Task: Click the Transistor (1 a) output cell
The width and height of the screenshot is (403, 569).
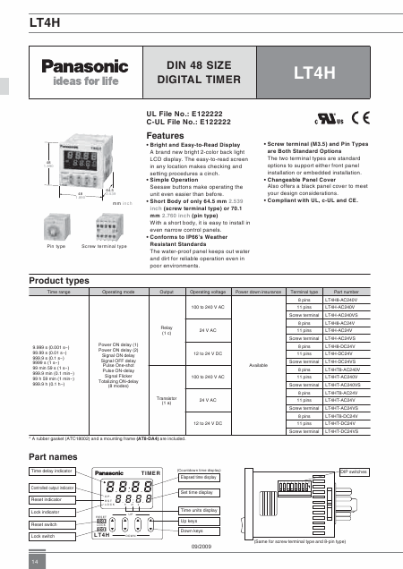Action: click(166, 400)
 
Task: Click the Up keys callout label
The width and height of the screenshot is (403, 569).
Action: click(190, 520)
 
